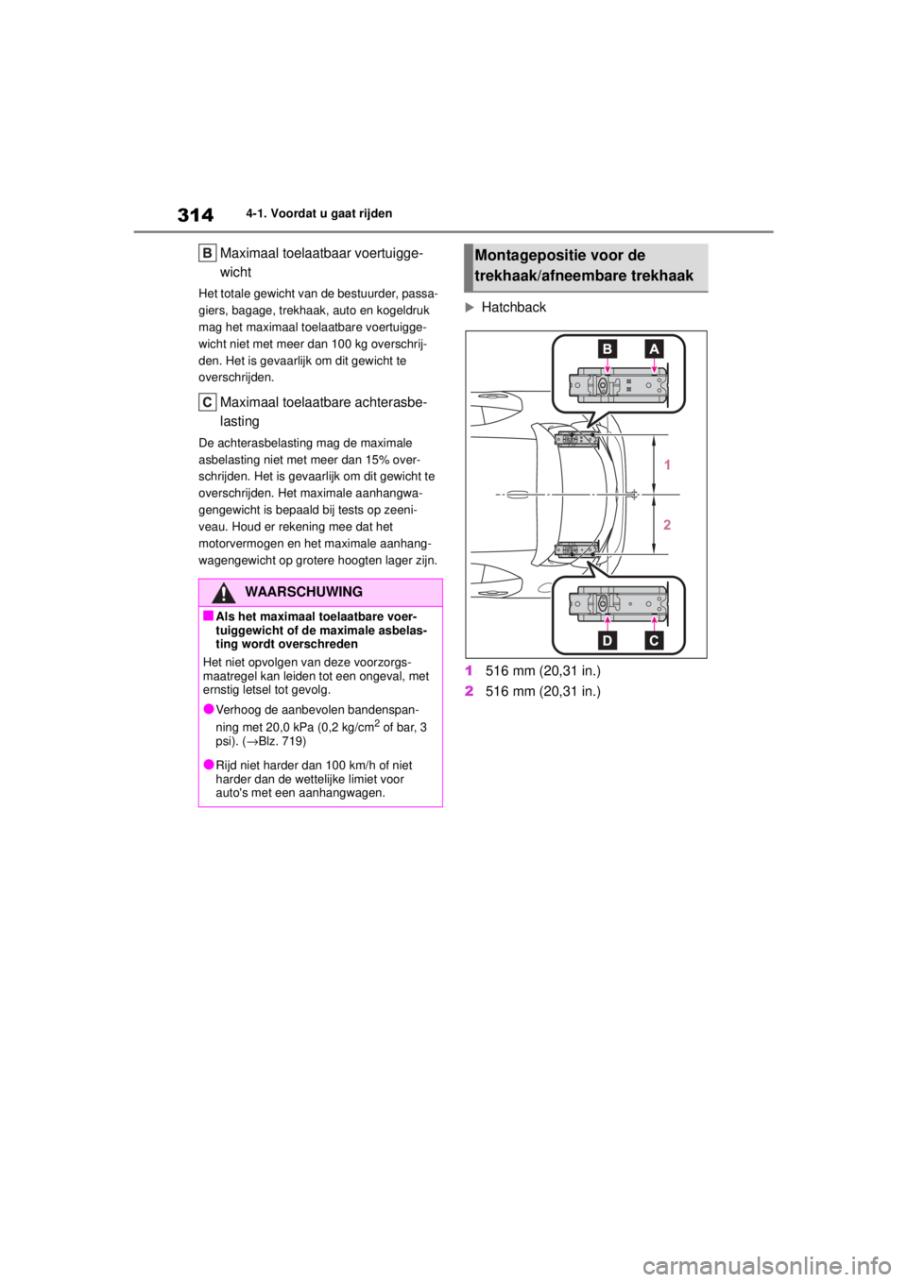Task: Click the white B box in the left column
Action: tap(208, 252)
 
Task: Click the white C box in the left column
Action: tap(208, 402)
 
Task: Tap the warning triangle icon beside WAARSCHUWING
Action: tap(223, 593)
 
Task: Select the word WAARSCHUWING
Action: tap(302, 592)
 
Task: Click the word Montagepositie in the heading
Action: tap(522, 256)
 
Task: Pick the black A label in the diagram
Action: tap(654, 348)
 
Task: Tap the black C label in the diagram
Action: tap(654, 641)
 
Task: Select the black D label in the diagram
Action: tap(607, 641)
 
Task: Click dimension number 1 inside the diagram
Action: tap(667, 465)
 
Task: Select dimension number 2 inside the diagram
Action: tap(667, 524)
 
